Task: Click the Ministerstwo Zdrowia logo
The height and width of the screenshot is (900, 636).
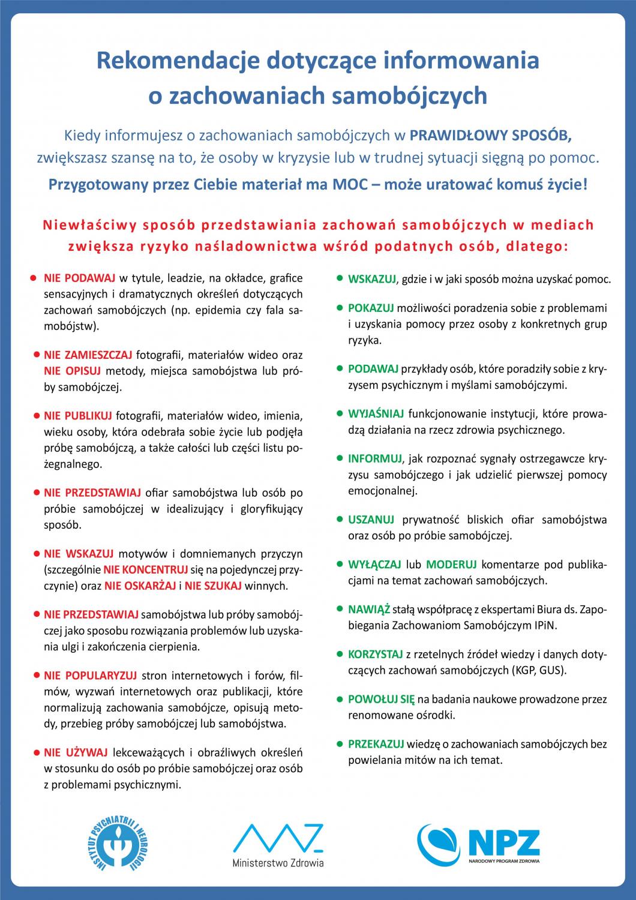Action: click(x=278, y=845)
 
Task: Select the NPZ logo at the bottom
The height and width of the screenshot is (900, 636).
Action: click(x=479, y=845)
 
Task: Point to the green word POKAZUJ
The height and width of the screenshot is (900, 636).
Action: click(x=371, y=308)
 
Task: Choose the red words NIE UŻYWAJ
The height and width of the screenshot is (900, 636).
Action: click(x=76, y=752)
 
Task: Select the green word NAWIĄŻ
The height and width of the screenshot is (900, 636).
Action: click(x=369, y=610)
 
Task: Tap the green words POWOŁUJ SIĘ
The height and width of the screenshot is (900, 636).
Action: click(x=381, y=700)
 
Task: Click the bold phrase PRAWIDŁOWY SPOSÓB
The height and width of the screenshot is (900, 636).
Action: click(x=491, y=135)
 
